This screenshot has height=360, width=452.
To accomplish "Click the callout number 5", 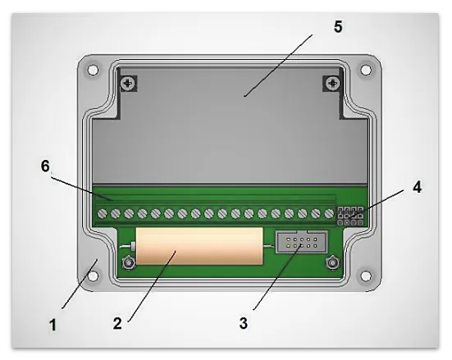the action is click(338, 27).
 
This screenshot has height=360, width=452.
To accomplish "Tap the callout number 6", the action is click(45, 166).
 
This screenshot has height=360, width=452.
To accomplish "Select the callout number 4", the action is click(417, 187).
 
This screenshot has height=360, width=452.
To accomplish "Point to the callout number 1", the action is click(53, 325).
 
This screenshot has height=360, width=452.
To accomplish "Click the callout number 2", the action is click(117, 323).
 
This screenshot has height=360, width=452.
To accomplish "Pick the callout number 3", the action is click(244, 323).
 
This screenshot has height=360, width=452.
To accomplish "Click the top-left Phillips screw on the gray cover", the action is click(128, 84).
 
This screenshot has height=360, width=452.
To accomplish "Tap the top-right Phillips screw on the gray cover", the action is click(333, 84).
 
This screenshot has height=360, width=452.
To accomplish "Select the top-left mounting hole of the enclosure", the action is click(93, 70).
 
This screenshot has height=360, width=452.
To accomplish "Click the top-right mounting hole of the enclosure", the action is click(366, 70).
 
